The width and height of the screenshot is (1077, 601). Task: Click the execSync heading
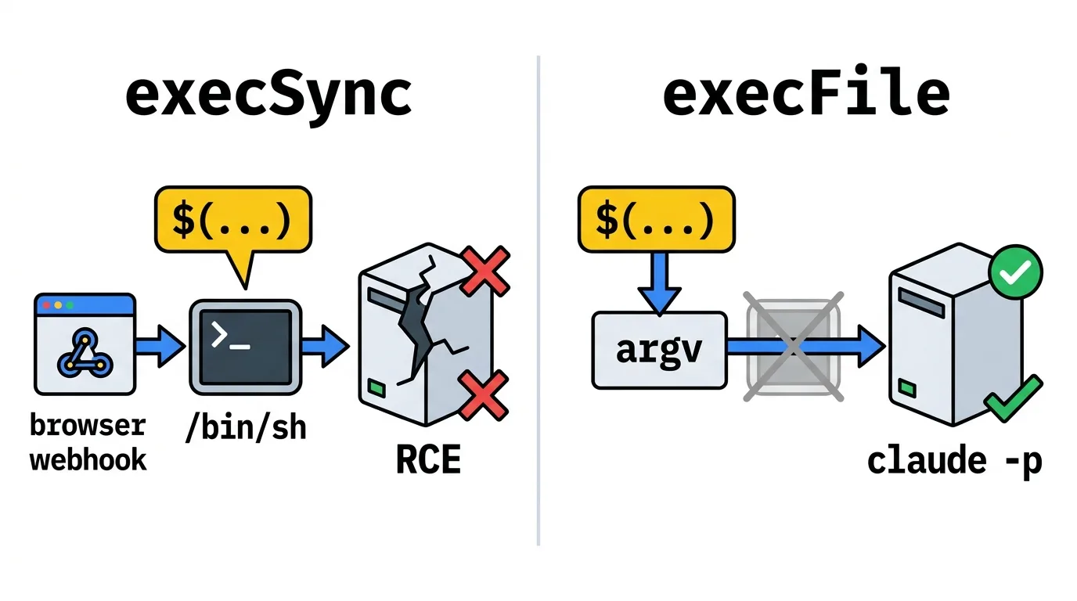(268, 96)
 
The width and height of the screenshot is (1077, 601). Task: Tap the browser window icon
(85, 344)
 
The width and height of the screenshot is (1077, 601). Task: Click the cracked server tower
(427, 335)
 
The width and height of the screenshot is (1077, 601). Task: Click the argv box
(659, 350)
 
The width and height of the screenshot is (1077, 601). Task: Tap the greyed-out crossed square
(794, 346)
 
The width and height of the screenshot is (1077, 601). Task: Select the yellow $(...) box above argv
(656, 219)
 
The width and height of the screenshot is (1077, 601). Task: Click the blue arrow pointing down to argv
(659, 283)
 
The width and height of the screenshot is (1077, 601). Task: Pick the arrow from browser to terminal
(160, 346)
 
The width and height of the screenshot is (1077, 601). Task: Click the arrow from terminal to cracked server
(326, 346)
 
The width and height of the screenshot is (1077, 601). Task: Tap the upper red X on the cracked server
(484, 272)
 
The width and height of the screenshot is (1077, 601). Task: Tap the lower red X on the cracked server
(484, 395)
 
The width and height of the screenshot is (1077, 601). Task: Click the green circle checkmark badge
(1015, 272)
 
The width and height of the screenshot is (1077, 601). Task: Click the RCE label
(428, 460)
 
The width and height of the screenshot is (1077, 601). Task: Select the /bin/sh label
(245, 427)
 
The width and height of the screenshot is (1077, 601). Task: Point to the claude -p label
(954, 462)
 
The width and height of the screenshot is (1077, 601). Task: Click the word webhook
(88, 459)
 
